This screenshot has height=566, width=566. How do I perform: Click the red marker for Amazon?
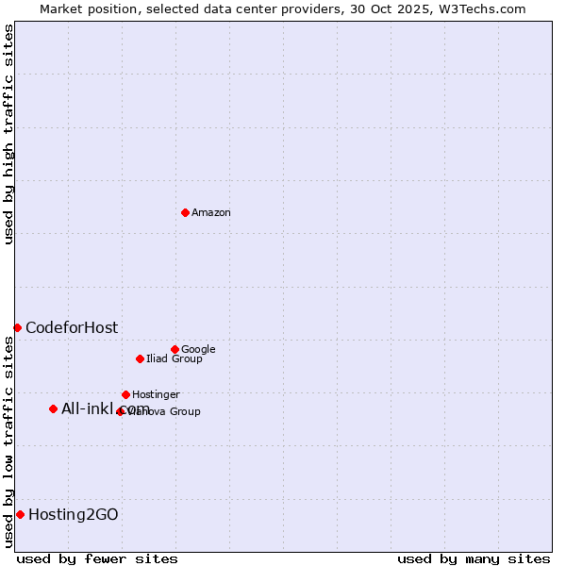click(185, 212)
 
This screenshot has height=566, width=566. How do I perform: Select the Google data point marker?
click(175, 349)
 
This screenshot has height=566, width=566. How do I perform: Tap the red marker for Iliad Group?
click(140, 358)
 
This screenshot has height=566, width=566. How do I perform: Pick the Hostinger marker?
click(125, 394)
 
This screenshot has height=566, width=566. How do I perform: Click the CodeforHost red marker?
click(17, 327)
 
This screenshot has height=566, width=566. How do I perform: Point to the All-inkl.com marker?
click(53, 408)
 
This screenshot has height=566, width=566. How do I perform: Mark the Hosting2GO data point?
click(20, 514)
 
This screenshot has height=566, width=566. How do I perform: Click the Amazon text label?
click(211, 213)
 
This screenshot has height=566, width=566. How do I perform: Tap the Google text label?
click(198, 350)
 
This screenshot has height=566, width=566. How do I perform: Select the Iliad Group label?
click(175, 359)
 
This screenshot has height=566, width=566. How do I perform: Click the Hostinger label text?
click(156, 395)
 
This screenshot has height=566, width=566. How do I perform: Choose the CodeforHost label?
click(72, 328)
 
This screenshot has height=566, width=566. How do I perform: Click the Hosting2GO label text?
click(74, 515)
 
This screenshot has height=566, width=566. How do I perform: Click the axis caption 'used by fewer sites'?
click(97, 558)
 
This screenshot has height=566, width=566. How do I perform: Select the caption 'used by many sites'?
click(474, 558)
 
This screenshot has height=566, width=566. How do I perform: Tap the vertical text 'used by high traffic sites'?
click(8, 134)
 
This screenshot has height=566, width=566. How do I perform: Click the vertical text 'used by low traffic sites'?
click(8, 441)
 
